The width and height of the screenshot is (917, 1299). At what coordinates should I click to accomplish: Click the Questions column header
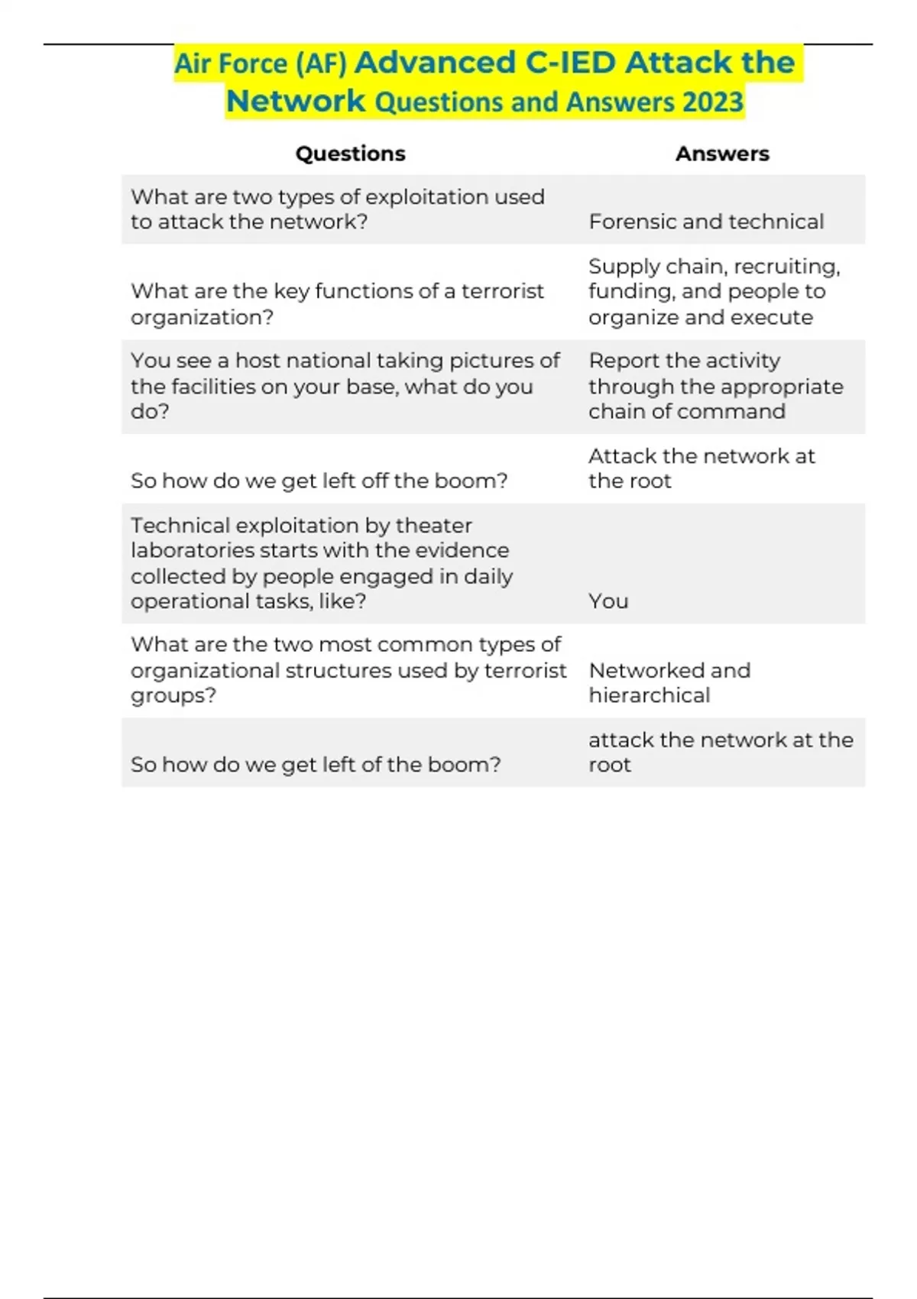350,154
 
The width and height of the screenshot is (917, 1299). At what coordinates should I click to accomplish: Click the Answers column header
722,154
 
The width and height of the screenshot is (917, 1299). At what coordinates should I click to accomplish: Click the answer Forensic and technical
706,222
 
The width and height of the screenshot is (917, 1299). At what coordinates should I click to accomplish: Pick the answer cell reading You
608,601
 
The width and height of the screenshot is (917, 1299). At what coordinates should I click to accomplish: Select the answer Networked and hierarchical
669,682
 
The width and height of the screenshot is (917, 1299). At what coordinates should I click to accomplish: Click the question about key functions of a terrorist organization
337,303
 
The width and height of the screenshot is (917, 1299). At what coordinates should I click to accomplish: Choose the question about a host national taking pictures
345,386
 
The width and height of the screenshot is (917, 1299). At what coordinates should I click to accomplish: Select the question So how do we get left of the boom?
316,764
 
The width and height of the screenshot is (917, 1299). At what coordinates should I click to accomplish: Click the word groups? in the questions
173,696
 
